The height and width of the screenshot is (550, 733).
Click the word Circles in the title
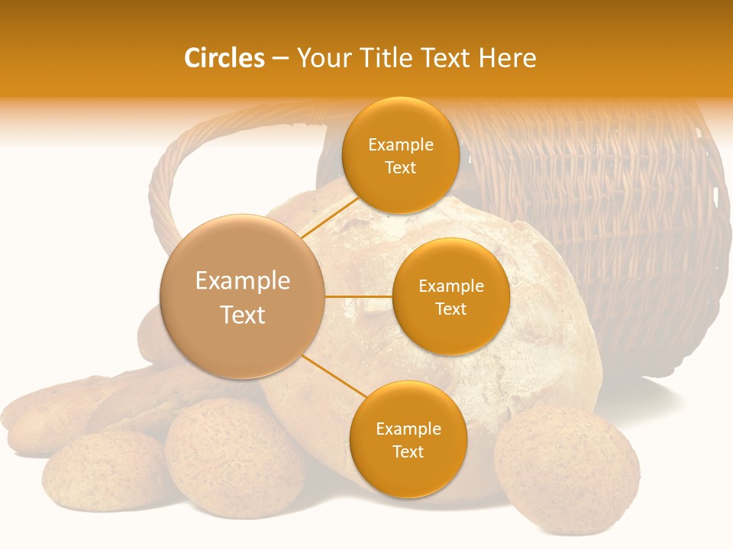pyautogui.click(x=224, y=58)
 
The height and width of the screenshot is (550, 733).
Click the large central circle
pyautogui.click(x=243, y=296)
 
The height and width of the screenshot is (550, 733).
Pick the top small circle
pyautogui.click(x=400, y=155)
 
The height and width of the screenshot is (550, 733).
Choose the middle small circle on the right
pyautogui.click(x=450, y=296)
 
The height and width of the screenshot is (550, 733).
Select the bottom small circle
pyautogui.click(x=408, y=439)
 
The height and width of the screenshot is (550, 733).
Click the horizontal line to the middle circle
pyautogui.click(x=359, y=296)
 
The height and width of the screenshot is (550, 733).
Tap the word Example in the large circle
pyautogui.click(x=243, y=281)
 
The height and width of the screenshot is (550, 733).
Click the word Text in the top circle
pyautogui.click(x=400, y=168)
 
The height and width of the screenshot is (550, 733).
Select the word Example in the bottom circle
pyautogui.click(x=408, y=429)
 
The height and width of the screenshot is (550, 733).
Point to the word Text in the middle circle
pyautogui.click(x=450, y=309)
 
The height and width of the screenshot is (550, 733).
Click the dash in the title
pyautogui.click(x=280, y=58)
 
